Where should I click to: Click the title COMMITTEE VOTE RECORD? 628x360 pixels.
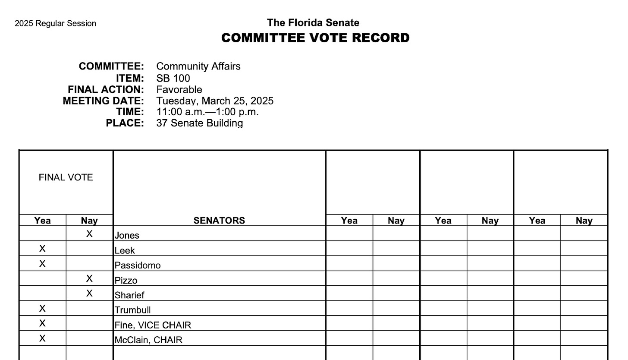pos(315,38)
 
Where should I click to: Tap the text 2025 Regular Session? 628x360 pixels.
pos(55,23)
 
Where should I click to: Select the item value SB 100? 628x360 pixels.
pos(173,78)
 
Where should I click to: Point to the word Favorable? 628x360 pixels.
pos(179,89)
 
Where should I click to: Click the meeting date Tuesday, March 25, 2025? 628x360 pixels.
pos(214,101)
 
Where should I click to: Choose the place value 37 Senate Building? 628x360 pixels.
pos(199,123)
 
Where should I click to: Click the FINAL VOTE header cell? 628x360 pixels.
pos(66,177)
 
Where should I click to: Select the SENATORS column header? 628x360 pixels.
pos(219,221)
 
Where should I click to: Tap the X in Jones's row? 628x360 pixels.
pos(89,234)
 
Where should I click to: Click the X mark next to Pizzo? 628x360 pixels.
pos(89,278)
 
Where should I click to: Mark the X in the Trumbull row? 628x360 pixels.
pos(42,308)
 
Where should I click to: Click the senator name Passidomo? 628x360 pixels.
pos(137,265)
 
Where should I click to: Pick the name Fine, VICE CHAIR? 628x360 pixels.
pos(153,325)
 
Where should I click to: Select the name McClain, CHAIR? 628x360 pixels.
pos(148,340)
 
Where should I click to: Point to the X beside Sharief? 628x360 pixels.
pos(89,294)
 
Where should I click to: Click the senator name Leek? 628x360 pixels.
pos(125,250)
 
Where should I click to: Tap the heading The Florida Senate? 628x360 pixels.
pos(313,22)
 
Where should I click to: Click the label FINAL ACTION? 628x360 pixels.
pos(106,89)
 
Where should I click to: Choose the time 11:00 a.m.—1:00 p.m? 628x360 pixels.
pos(207,112)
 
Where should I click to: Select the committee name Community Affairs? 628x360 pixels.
pos(198,66)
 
